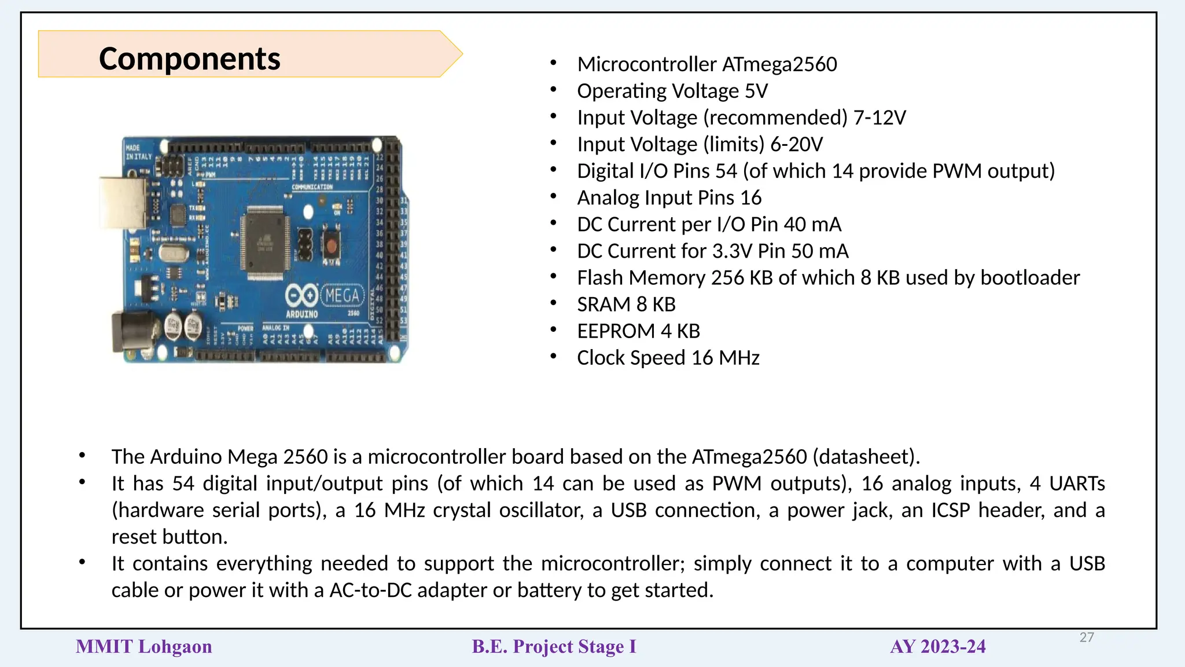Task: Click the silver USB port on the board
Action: click(x=123, y=203)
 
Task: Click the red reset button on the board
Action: click(x=331, y=245)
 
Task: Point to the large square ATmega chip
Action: click(x=266, y=243)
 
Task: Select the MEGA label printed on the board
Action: click(x=342, y=296)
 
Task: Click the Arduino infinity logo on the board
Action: click(x=301, y=295)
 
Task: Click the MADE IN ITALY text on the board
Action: click(x=138, y=152)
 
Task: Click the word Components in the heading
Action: click(x=189, y=58)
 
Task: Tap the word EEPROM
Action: click(x=616, y=331)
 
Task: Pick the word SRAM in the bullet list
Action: click(x=603, y=305)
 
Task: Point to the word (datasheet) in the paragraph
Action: click(x=866, y=457)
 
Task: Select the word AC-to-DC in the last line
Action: click(x=370, y=590)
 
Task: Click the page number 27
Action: click(x=1087, y=637)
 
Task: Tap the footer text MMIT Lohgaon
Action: click(x=144, y=647)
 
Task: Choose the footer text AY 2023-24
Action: click(x=937, y=647)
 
